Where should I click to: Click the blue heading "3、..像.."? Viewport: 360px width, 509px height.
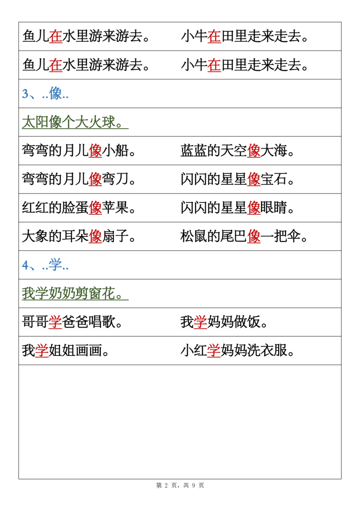[x=45, y=94]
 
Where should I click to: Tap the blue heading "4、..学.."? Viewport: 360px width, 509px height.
[x=45, y=265]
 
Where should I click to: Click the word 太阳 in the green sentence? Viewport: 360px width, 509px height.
[x=35, y=122]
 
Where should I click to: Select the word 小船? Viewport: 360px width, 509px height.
[x=115, y=151]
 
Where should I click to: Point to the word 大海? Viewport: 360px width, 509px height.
[x=274, y=151]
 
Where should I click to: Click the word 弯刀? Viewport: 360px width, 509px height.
[x=115, y=179]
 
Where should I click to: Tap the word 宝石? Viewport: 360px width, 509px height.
[x=274, y=179]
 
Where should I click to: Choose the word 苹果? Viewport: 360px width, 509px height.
[x=115, y=208]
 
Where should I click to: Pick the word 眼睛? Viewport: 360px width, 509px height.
[x=274, y=208]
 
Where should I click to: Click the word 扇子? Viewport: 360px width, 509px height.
[x=115, y=237]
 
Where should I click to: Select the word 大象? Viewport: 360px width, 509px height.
[x=35, y=237]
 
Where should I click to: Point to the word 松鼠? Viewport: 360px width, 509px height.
[x=193, y=237]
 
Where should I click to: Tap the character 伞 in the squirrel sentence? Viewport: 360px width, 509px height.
[x=294, y=237]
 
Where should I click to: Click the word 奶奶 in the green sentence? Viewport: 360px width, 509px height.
[x=62, y=294]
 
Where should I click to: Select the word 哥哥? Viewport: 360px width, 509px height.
[x=35, y=322]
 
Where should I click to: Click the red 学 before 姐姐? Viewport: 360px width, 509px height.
[x=42, y=351]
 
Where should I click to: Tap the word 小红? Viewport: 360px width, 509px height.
[x=193, y=351]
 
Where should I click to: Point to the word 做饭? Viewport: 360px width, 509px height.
[x=247, y=322]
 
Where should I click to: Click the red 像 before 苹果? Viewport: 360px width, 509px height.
[x=95, y=208]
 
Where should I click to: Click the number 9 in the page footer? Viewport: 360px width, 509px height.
[x=193, y=486]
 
